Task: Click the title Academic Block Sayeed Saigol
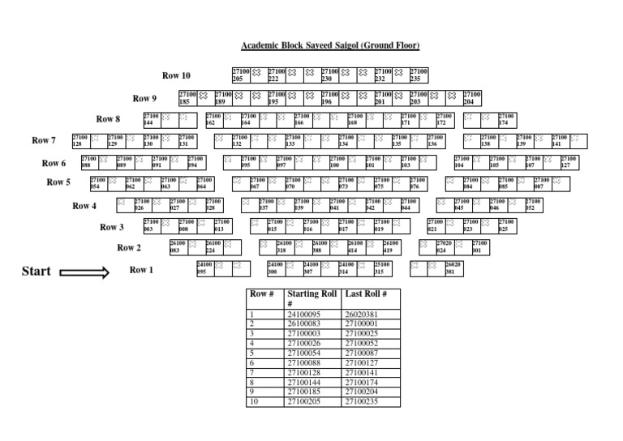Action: point(329,46)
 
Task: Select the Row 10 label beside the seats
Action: point(176,76)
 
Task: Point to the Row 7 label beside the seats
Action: point(44,140)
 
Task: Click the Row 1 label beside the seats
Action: point(141,269)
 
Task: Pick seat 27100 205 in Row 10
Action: point(241,75)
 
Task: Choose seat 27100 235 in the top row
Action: point(419,75)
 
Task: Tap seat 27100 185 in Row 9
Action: point(187,98)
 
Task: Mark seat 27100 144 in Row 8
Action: point(152,119)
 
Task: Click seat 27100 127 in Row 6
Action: point(569,162)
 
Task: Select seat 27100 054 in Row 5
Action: point(98,183)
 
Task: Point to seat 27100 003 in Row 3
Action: point(152,225)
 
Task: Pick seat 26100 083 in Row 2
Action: point(178,246)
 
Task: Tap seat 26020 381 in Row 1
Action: point(453,268)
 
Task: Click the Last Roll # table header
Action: point(366,294)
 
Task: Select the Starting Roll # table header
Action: point(311,298)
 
